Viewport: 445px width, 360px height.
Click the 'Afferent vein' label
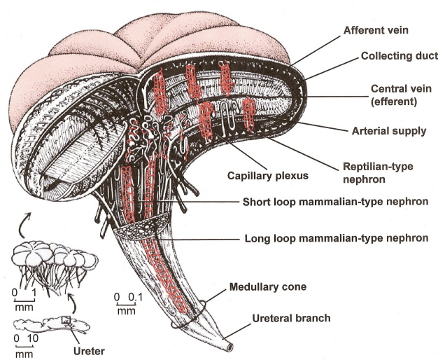(x=375, y=31)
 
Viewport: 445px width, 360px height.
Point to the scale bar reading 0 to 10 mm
(x=24, y=346)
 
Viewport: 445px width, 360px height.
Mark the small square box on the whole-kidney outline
(x=66, y=321)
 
